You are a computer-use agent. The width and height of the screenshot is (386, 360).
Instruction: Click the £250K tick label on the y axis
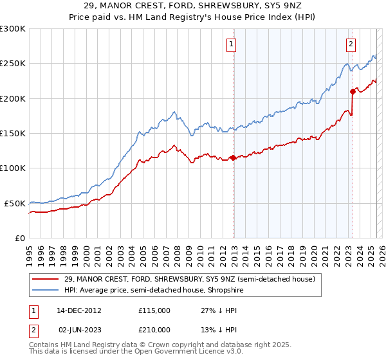coord(12,64)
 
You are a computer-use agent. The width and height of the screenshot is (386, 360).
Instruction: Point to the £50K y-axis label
coord(15,203)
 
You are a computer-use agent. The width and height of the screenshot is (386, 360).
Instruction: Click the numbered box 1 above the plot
coord(231,44)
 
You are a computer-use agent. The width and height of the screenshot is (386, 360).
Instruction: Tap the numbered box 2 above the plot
coord(351,44)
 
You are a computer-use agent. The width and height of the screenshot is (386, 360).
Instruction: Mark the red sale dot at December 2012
coord(233,157)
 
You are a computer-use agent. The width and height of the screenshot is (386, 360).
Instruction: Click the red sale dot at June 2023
coord(353,91)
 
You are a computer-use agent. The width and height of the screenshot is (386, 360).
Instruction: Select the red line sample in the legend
coord(44,279)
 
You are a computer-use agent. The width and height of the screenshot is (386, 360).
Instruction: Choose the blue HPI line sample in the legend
coord(44,290)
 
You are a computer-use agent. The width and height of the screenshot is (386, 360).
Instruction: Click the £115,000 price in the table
coord(154,310)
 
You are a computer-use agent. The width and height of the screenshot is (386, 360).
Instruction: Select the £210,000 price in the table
coord(154,329)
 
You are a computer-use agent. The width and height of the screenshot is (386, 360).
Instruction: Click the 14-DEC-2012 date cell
coord(79,310)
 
